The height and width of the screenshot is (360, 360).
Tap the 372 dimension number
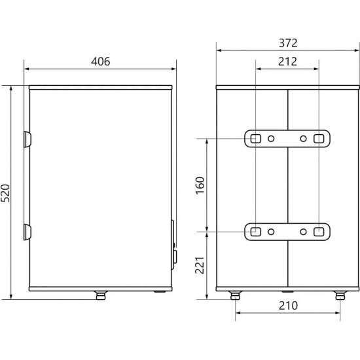[287, 43]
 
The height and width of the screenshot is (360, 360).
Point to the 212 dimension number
[287, 62]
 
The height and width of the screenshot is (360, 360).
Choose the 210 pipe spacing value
[288, 306]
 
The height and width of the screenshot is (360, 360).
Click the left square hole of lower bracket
[255, 231]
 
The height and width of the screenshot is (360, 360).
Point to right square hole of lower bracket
[319, 231]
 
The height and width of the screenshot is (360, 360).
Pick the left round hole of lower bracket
[271, 231]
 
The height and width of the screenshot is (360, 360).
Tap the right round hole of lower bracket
[303, 231]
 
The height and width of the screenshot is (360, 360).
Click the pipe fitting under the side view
[100, 295]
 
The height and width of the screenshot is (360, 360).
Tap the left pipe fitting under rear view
[234, 295]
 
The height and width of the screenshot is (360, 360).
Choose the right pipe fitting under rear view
[340, 295]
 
